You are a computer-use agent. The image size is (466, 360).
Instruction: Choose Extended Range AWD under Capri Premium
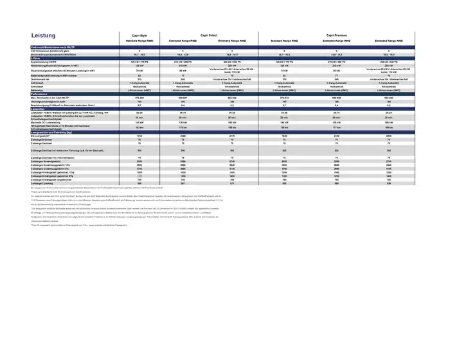388,41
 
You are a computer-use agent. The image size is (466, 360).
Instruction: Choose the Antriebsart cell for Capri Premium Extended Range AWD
388,87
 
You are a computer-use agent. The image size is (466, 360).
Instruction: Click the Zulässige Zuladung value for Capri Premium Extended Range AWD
388,184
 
